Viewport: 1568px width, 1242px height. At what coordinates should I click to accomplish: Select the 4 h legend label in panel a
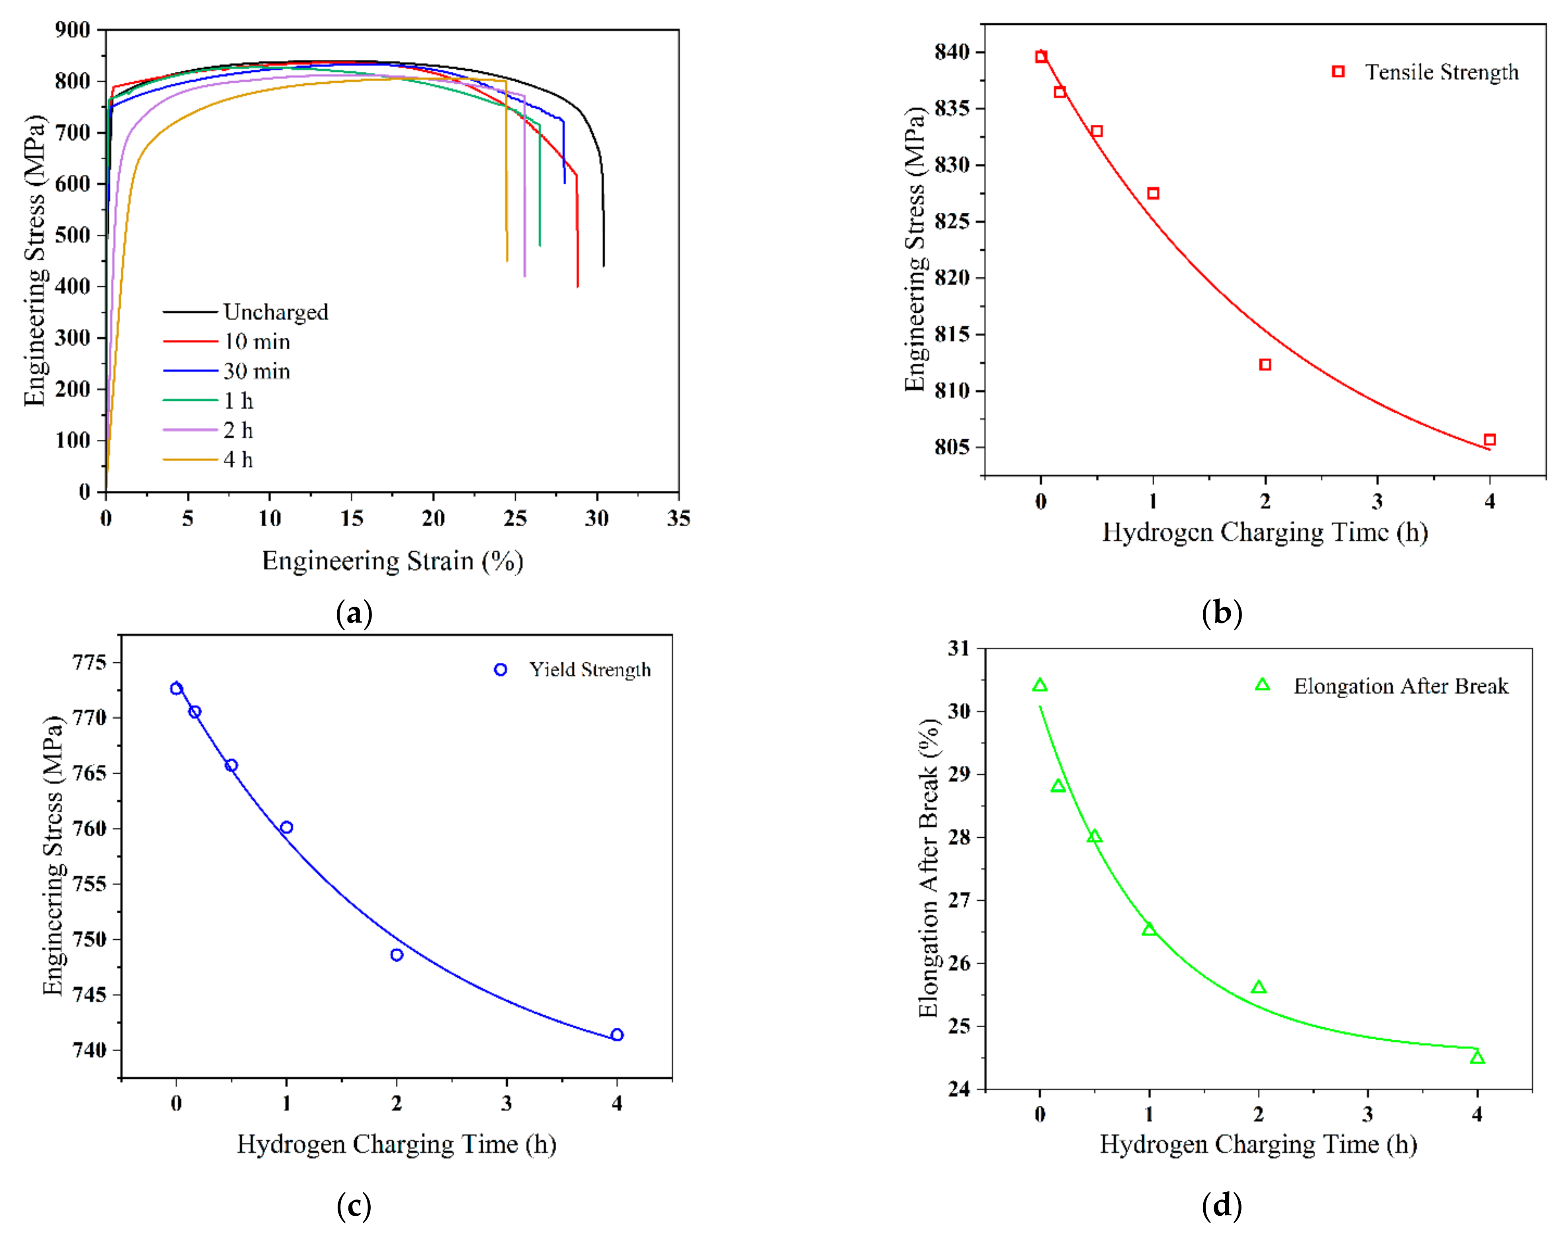[238, 460]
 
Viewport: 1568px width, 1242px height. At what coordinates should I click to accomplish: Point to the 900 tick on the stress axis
[73, 30]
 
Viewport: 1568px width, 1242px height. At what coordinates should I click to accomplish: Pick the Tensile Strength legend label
[1441, 72]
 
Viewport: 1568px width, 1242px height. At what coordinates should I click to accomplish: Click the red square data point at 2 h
[1265, 364]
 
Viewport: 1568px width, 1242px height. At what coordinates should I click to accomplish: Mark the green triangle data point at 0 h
[1040, 686]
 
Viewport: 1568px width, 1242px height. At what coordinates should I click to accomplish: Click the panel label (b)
[1221, 613]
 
